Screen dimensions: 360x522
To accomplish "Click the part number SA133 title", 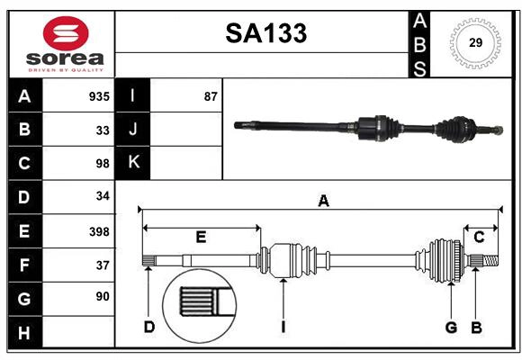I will [x=265, y=33].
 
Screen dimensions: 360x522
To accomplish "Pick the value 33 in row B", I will [x=103, y=130].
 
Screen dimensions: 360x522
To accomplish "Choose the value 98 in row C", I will [x=103, y=164].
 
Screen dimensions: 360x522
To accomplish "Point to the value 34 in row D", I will [x=103, y=196].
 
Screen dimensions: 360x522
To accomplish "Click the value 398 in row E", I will [x=99, y=231].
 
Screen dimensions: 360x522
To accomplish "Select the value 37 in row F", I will [x=103, y=265].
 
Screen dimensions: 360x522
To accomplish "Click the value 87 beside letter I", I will [x=211, y=96].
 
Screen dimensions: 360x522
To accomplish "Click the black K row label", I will [x=133, y=163].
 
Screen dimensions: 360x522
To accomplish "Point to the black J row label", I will [x=133, y=130].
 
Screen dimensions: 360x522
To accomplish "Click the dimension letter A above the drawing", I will [x=323, y=202].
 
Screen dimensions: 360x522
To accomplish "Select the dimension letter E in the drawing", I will [x=201, y=238].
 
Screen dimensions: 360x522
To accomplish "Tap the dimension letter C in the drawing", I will [x=479, y=238].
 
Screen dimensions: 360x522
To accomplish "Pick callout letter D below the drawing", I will [x=149, y=327].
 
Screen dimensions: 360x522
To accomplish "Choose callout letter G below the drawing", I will [x=451, y=327].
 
